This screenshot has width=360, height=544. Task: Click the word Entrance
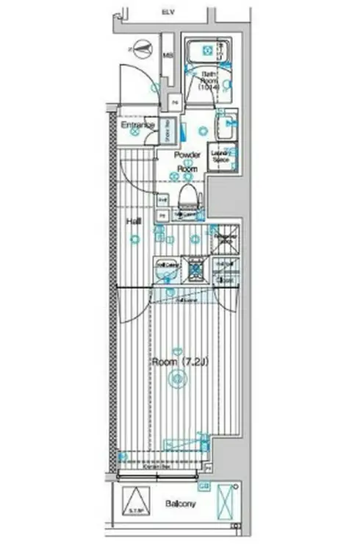click(x=137, y=125)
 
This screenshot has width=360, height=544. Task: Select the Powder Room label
click(x=188, y=162)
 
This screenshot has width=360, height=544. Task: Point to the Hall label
click(x=133, y=221)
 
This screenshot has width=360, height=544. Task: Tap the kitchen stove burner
click(x=196, y=269)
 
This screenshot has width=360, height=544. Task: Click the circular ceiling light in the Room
click(x=176, y=379)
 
